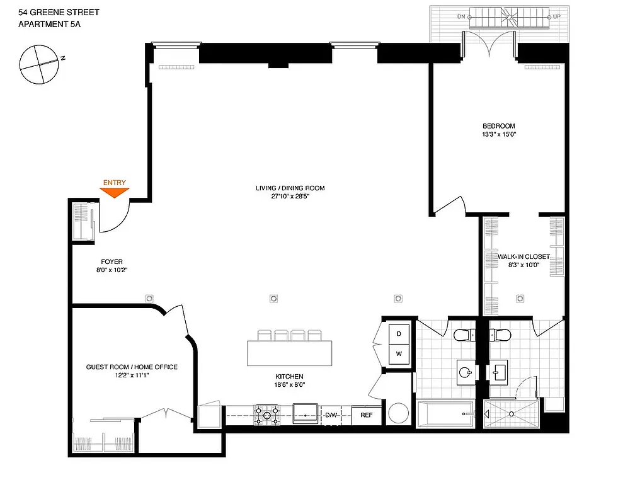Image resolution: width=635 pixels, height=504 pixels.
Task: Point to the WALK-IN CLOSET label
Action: pyautogui.click(x=523, y=256)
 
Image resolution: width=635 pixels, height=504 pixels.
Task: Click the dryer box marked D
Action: pyautogui.click(x=399, y=334)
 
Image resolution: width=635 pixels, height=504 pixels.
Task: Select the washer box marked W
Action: pyautogui.click(x=399, y=354)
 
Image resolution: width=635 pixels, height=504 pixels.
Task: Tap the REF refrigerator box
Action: pyautogui.click(x=367, y=415)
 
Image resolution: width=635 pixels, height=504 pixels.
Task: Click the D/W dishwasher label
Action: pyautogui.click(x=331, y=415)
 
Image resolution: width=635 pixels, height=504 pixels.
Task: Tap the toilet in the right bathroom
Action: pyautogui.click(x=502, y=334)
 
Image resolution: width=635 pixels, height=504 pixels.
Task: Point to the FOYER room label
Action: pyautogui.click(x=112, y=261)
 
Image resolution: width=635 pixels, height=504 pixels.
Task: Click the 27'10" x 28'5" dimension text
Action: pyautogui.click(x=290, y=197)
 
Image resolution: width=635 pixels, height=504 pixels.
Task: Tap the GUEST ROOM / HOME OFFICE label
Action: pyautogui.click(x=132, y=367)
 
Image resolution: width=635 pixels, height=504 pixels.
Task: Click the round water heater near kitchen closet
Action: pyautogui.click(x=399, y=414)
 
